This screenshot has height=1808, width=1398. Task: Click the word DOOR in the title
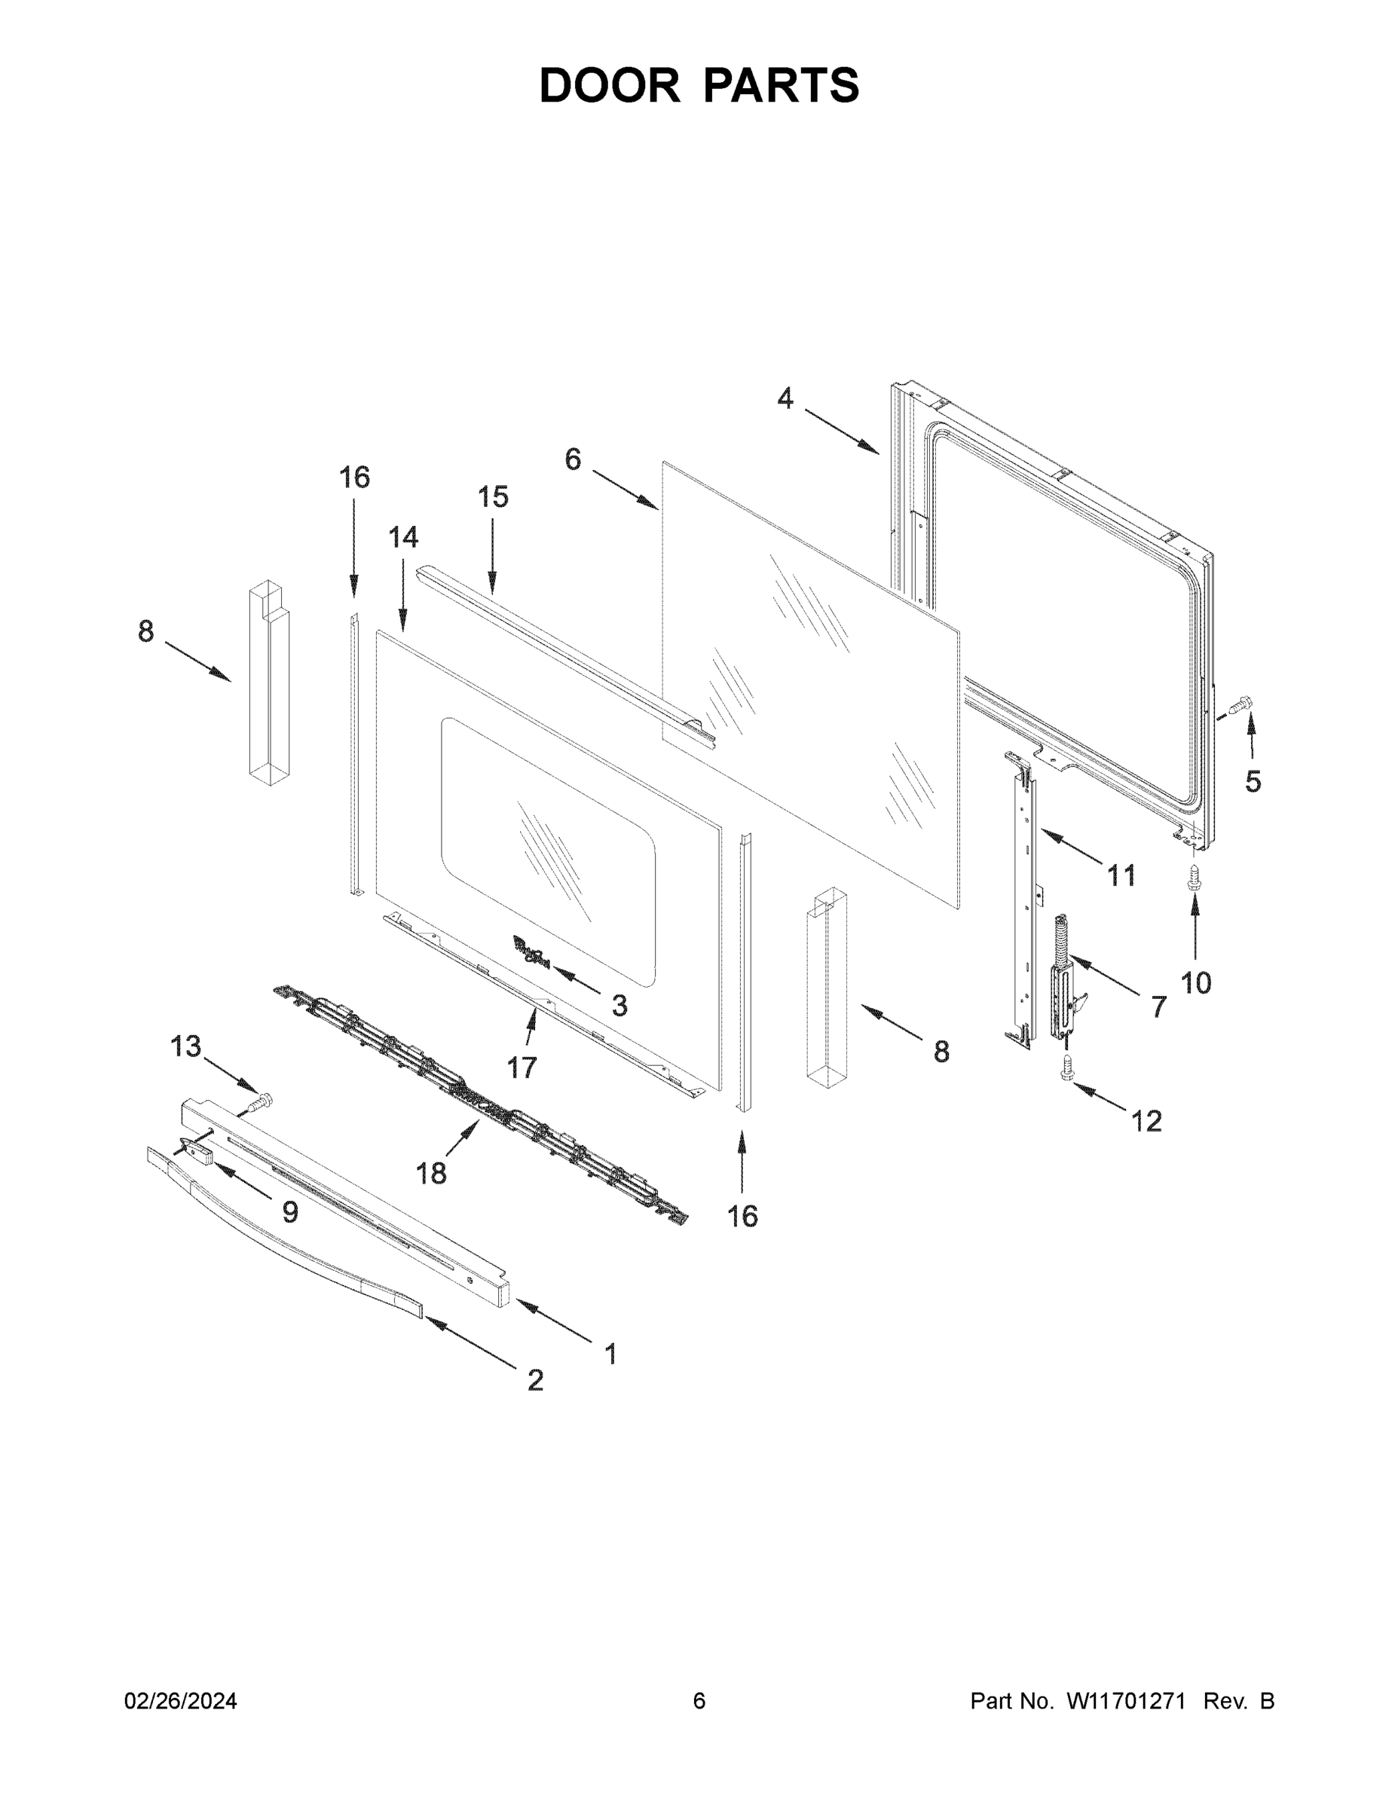609,85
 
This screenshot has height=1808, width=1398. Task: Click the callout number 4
785,400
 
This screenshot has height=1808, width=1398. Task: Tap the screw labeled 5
1240,706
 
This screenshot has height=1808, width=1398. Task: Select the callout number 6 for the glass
573,460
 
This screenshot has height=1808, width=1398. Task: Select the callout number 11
1121,875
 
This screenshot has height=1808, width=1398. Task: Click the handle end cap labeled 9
193,1150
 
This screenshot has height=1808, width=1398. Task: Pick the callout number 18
430,1173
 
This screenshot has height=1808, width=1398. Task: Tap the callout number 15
493,497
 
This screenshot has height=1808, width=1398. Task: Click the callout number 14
403,538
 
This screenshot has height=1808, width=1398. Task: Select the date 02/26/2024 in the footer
181,1701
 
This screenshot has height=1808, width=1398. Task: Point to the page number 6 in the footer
699,1701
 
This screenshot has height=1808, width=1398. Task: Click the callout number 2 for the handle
535,1380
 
